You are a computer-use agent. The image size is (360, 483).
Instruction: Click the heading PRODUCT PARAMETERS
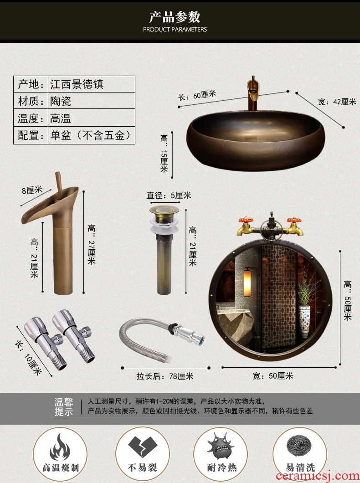pyautogui.click(x=175, y=30)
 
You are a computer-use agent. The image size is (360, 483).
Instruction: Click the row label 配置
pyautogui.click(x=31, y=135)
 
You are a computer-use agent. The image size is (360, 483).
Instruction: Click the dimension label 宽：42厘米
pyautogui.click(x=337, y=102)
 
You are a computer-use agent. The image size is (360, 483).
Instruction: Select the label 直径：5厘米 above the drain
pyautogui.click(x=169, y=195)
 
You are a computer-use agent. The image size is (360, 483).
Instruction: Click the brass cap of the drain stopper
pyautogui.click(x=164, y=211)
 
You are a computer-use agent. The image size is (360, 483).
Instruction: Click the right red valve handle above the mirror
pyautogui.click(x=294, y=220)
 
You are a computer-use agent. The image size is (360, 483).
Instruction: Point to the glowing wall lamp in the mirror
pyautogui.click(x=247, y=283)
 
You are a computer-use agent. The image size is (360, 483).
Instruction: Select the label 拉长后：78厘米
pyautogui.click(x=165, y=376)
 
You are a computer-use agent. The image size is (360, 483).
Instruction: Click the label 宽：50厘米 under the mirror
pyautogui.click(x=273, y=376)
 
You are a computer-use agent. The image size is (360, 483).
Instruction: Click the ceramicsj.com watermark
pyautogui.click(x=318, y=476)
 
